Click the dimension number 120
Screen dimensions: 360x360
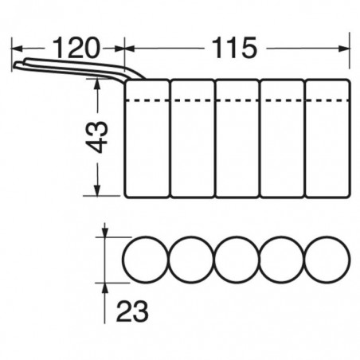[76, 48]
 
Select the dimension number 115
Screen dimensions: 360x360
[235, 48]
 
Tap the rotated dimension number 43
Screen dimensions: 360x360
[97, 137]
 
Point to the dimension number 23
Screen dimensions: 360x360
[132, 311]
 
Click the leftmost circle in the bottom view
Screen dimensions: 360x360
[123, 259]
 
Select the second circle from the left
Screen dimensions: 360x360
[169, 259]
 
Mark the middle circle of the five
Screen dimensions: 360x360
[214, 259]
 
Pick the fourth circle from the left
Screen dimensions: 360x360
[259, 259]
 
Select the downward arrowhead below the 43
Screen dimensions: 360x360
[97, 190]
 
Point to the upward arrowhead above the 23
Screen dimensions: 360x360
[105, 288]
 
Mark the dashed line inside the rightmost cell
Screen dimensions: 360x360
[327, 100]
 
